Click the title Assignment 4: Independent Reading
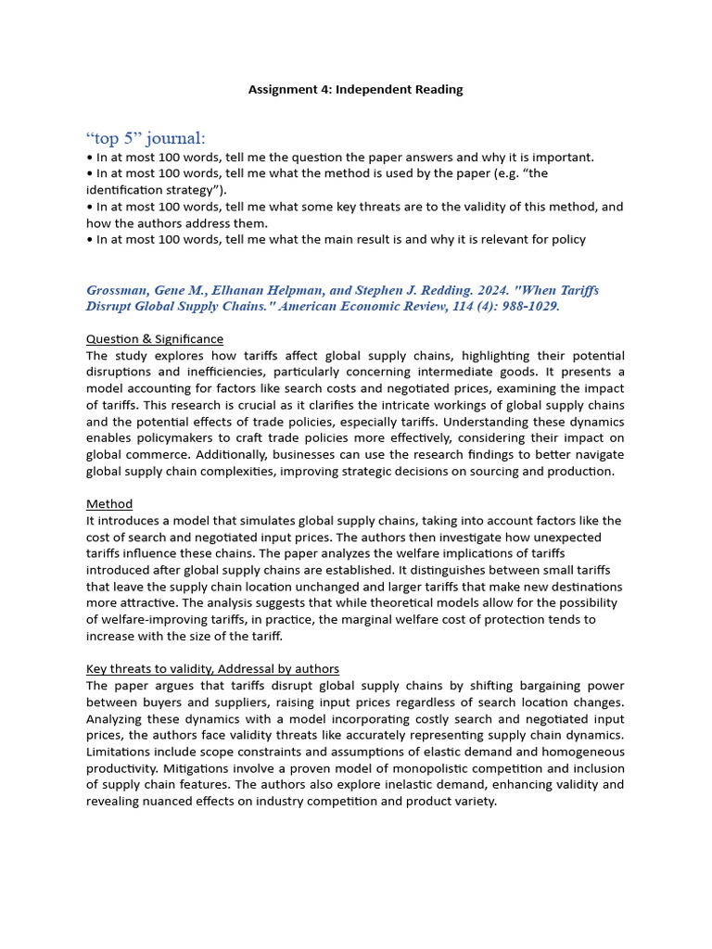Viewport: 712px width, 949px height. [x=355, y=90]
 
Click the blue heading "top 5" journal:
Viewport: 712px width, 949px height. [x=146, y=138]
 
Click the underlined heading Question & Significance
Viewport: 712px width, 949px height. [x=155, y=339]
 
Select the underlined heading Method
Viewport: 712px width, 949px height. [x=109, y=504]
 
